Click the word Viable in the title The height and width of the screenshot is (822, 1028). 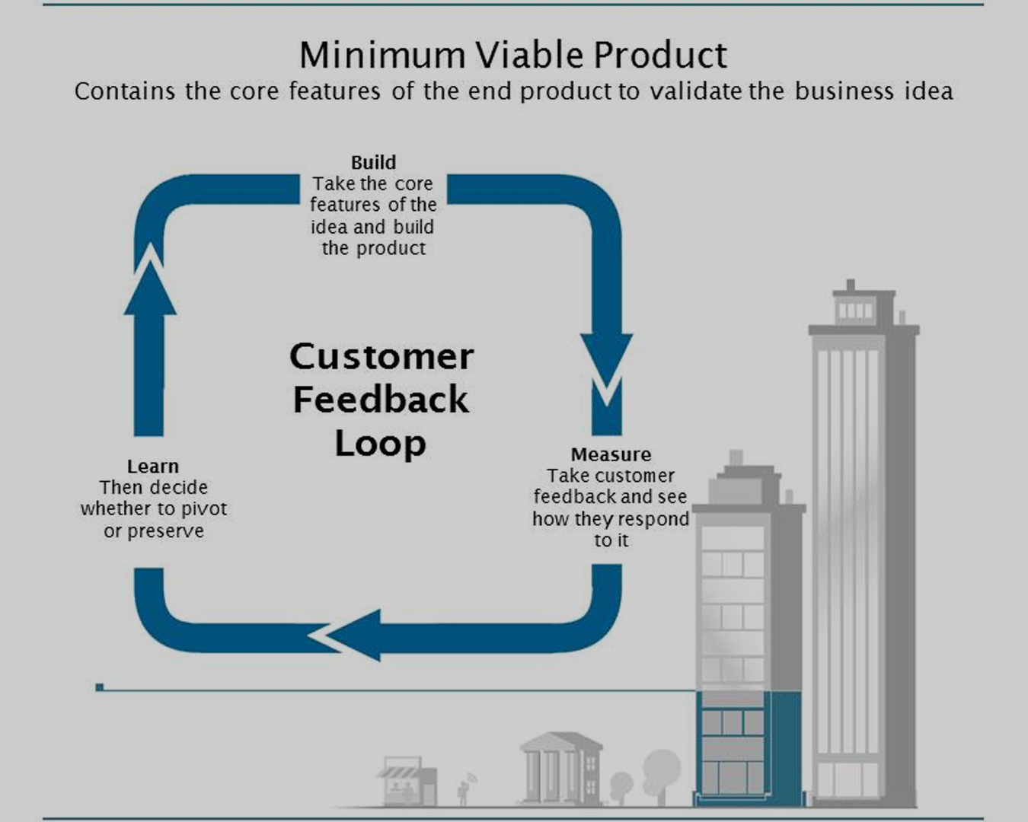[x=530, y=55]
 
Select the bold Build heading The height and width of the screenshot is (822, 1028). [x=373, y=162]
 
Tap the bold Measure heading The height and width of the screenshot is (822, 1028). [x=611, y=454]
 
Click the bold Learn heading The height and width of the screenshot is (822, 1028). [x=153, y=467]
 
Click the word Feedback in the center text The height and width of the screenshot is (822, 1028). [x=381, y=400]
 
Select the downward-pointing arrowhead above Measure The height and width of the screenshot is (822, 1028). [x=606, y=358]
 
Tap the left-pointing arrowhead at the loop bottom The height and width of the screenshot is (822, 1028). [x=350, y=635]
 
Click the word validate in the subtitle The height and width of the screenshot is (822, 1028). [x=694, y=91]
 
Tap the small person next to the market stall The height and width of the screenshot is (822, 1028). [x=463, y=792]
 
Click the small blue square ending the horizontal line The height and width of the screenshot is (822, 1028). [x=100, y=687]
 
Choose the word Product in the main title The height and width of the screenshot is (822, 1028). [x=659, y=55]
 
